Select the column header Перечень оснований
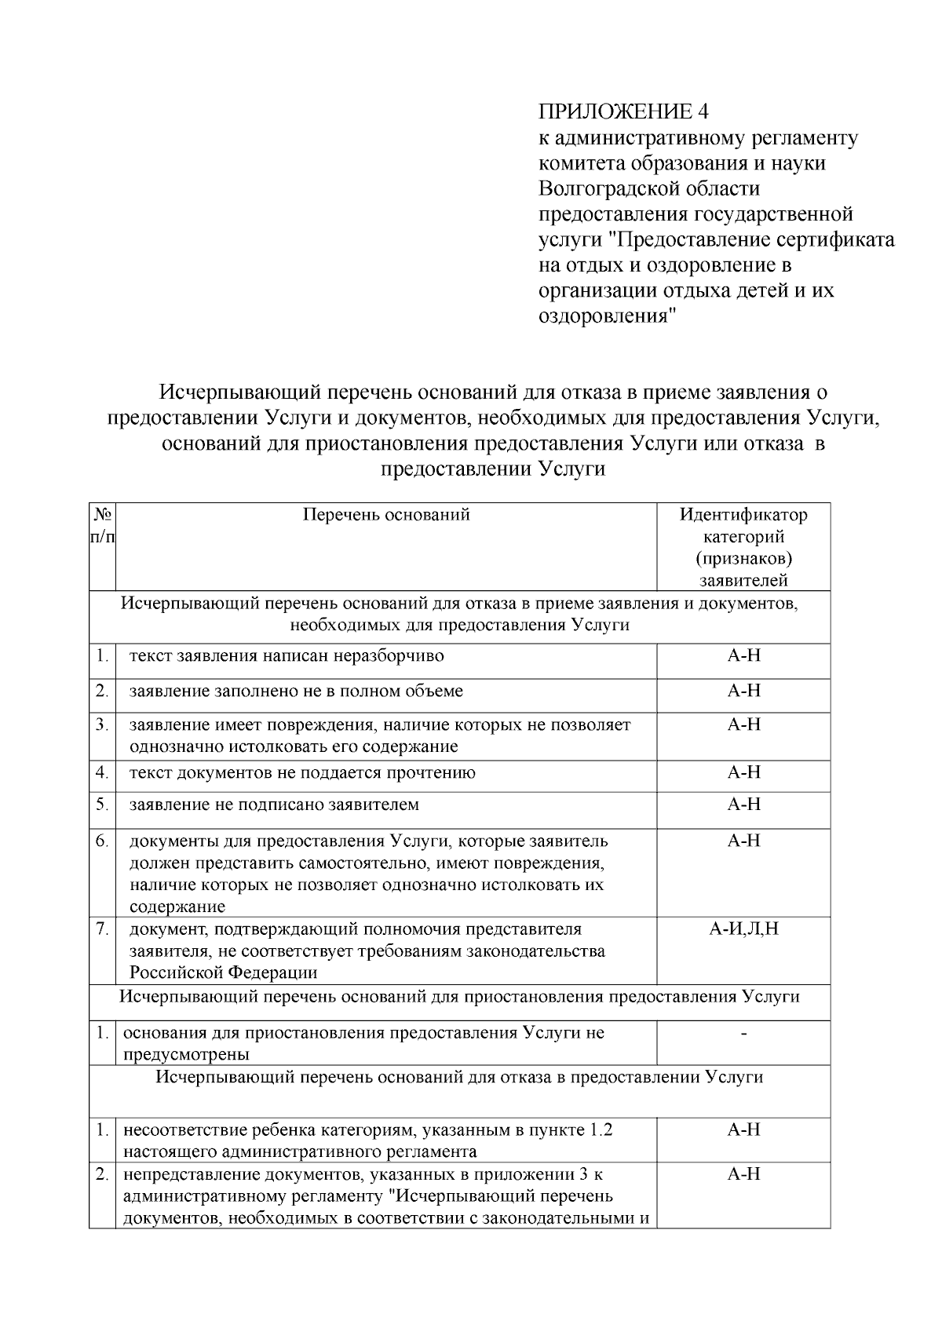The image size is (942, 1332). coord(386,515)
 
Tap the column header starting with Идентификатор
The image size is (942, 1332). coord(743,515)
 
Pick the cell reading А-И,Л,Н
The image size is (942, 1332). coord(743,929)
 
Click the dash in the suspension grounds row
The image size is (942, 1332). coord(743,1034)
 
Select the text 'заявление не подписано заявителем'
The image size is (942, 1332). coord(274,805)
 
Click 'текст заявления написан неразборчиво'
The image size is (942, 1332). coord(287,655)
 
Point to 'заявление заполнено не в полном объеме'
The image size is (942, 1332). coord(296,691)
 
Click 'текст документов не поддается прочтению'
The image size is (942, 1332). coord(302,772)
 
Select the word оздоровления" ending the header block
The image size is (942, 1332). coord(607,316)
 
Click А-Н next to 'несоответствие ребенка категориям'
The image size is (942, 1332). coord(743,1130)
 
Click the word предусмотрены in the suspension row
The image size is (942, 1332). coord(186,1054)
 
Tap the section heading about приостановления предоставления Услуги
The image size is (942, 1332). coord(460,997)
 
